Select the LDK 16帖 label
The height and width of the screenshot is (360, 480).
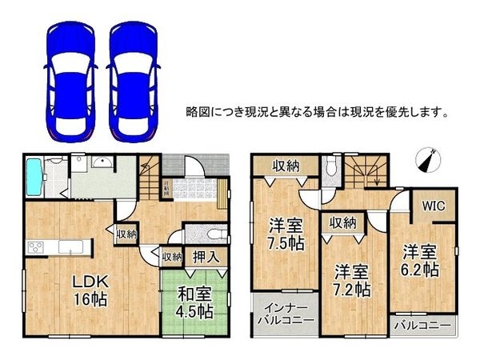click(x=90, y=291)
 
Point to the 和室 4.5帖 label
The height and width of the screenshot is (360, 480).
click(x=194, y=298)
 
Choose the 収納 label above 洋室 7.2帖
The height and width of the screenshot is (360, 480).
click(x=342, y=223)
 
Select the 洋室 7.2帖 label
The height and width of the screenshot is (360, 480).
click(x=353, y=278)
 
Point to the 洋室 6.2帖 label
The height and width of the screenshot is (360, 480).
click(x=422, y=259)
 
